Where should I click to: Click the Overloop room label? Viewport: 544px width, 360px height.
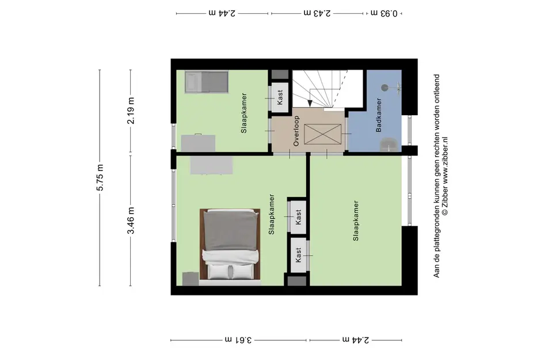click(x=296, y=131)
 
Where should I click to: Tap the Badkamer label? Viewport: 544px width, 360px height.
click(x=379, y=115)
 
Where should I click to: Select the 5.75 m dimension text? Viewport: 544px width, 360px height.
click(x=100, y=177)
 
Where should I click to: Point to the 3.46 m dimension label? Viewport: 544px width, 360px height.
click(x=131, y=221)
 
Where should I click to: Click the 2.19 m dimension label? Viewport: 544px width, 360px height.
click(x=131, y=111)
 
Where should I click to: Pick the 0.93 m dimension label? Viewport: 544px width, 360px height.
click(x=384, y=13)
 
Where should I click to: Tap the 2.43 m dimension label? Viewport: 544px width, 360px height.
click(x=317, y=13)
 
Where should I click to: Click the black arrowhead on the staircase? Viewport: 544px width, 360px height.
click(x=310, y=103)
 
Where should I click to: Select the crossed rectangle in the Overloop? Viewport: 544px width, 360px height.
click(x=322, y=134)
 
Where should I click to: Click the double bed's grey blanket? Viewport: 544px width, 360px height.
click(x=231, y=230)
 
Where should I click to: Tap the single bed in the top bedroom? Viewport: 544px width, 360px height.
click(x=207, y=82)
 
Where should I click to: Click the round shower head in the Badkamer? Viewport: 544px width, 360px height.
click(x=385, y=88)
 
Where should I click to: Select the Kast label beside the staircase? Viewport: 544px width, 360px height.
click(x=280, y=97)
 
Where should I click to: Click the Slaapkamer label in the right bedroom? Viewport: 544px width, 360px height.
click(x=356, y=221)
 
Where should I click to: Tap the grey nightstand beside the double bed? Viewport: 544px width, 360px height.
click(x=191, y=279)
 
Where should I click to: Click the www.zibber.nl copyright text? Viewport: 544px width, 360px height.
click(x=445, y=176)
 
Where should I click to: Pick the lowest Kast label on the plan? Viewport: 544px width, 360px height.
click(x=298, y=255)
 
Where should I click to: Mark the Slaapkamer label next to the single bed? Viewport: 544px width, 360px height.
click(x=244, y=113)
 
